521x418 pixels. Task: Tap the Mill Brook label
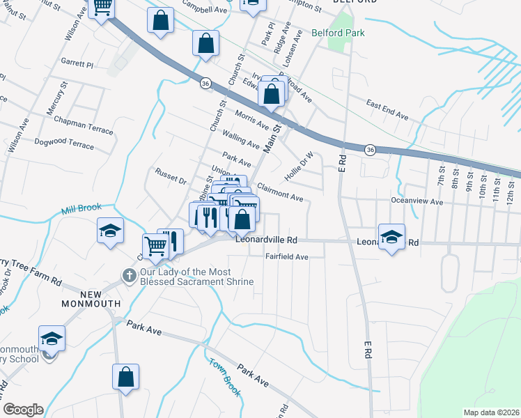pos(81,208)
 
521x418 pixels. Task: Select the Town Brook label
pos(224,377)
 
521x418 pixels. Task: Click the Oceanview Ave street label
pos(417,202)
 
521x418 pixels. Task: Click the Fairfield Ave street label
pos(286,256)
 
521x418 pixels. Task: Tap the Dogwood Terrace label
pos(63,145)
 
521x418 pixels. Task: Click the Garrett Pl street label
pos(77,63)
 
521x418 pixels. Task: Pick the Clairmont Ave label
pos(280,192)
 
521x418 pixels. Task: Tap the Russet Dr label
pos(171,176)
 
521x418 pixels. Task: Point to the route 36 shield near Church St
pos(205,83)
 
